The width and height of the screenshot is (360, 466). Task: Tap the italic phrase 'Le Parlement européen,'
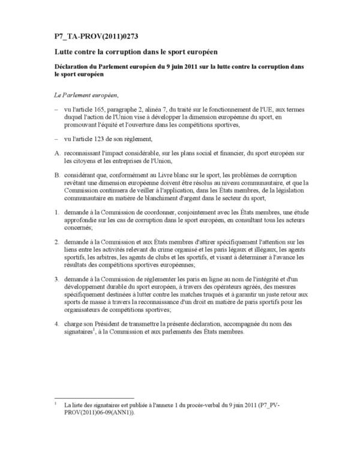point(85,95)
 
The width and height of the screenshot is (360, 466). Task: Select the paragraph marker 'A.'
point(58,152)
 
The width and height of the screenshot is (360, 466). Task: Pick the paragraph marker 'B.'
point(58,175)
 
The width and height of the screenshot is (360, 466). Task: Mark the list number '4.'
point(57,325)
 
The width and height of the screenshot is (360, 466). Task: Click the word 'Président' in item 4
point(114,325)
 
